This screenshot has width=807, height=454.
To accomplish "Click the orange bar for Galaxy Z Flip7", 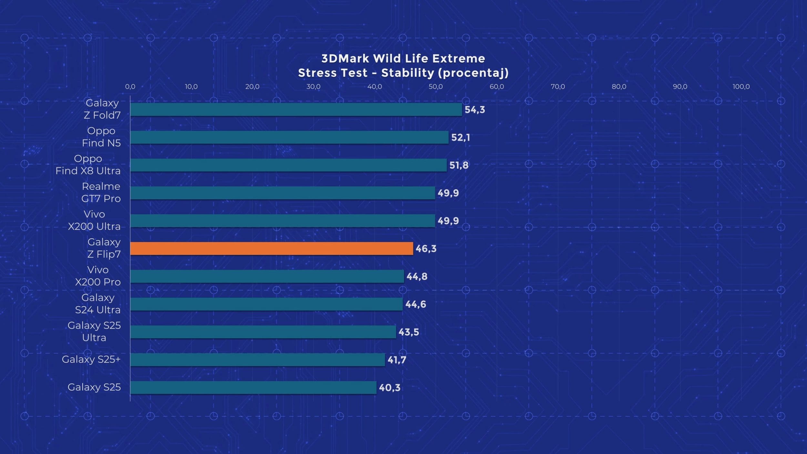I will [x=271, y=248].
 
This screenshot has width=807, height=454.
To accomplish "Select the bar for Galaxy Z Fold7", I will [x=296, y=109].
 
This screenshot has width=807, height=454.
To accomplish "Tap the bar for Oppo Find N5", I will [x=289, y=137].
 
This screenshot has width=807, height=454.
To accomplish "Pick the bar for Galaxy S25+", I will [x=258, y=359].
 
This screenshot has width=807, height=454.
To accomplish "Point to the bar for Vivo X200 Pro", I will [x=267, y=276].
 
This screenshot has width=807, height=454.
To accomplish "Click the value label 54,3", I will [x=475, y=110].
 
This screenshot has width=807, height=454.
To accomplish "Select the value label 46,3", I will [x=426, y=249].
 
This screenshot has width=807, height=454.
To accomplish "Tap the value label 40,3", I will [x=389, y=387].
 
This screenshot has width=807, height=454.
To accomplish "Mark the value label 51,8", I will [x=459, y=165].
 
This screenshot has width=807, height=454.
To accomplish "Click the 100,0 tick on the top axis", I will [x=741, y=87].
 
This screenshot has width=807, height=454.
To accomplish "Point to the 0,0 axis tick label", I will [x=130, y=87].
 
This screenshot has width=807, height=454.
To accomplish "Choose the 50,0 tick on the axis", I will [x=435, y=87].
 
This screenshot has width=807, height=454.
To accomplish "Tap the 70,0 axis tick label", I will [x=558, y=87].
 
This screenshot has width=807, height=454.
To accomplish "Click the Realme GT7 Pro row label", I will [x=101, y=192].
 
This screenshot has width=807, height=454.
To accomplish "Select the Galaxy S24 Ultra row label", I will [x=97, y=304].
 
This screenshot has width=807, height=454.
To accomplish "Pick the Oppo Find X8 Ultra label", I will [x=88, y=165].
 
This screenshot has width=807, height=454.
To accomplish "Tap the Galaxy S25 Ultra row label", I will [x=94, y=331].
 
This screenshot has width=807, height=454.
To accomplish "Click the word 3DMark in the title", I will [x=345, y=58].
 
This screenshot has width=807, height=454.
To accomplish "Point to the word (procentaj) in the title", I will [x=473, y=73].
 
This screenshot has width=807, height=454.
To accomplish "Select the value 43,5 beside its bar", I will [x=409, y=332].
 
